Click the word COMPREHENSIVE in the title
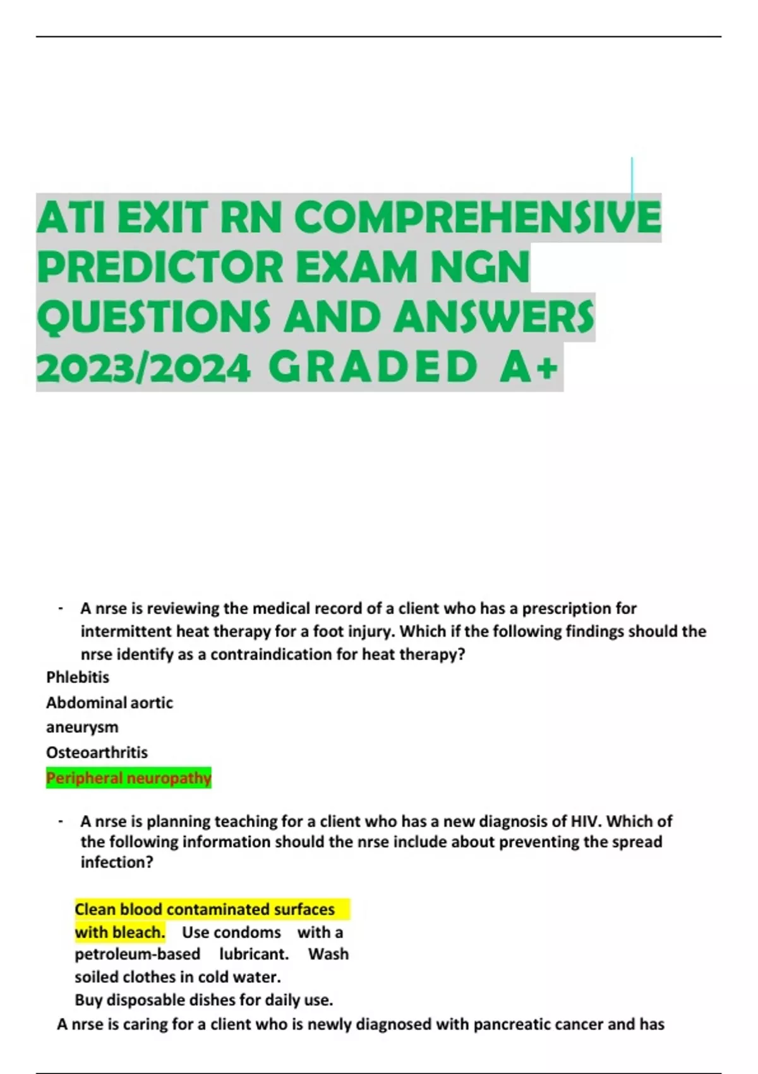477,217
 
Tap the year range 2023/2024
143,368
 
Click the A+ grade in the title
529,368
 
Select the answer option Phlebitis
78,677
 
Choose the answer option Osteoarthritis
97,752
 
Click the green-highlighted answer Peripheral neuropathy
128,778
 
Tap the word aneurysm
82,727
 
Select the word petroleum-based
137,954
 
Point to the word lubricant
254,954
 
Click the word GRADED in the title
373,368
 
